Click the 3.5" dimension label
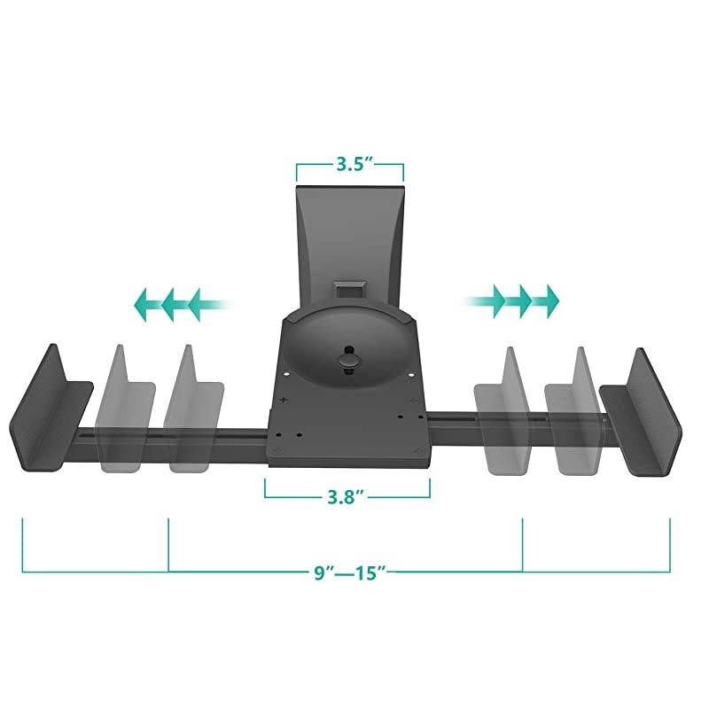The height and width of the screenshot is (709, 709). click(350, 165)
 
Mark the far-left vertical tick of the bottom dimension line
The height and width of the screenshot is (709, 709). click(22, 545)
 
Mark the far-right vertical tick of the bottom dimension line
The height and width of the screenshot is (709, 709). click(670, 545)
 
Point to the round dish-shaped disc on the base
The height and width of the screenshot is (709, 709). click(348, 350)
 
